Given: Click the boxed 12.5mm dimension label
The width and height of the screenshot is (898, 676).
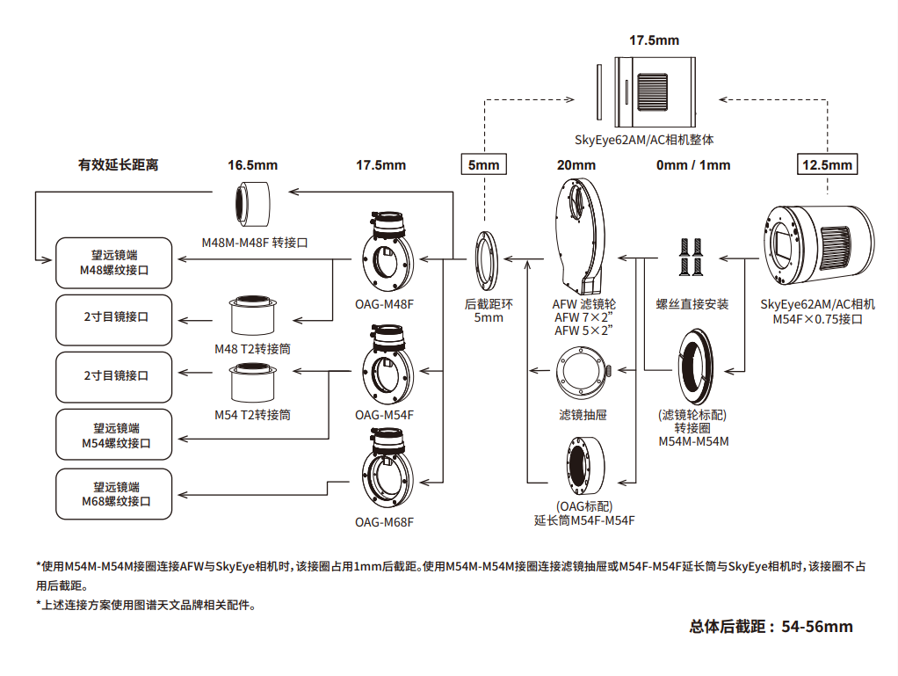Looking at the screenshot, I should (x=827, y=164).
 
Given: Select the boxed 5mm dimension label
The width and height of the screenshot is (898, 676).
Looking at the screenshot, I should (x=483, y=164).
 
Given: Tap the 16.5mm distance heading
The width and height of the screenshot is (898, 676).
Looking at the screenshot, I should (x=252, y=164).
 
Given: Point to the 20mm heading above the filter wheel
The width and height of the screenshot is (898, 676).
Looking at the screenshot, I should (x=576, y=164).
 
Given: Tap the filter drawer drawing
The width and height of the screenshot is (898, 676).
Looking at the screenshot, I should (x=580, y=374).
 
